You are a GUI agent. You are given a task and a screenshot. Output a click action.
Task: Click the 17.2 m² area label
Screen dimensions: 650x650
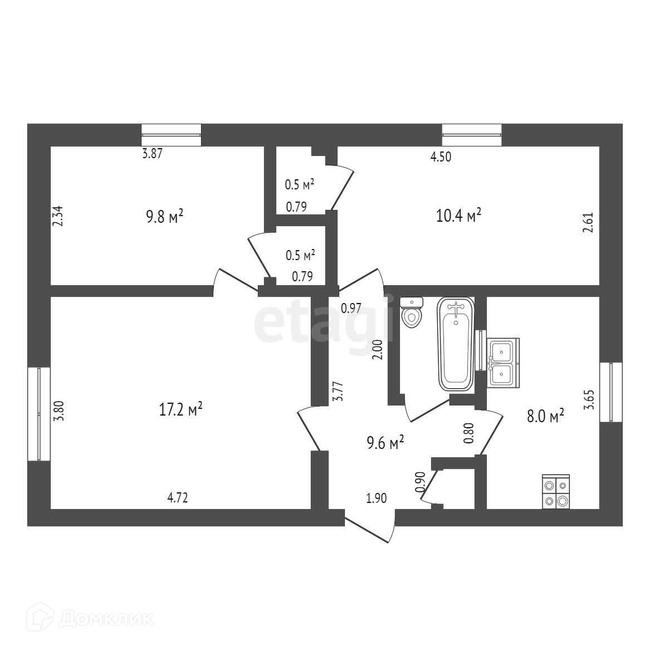180,410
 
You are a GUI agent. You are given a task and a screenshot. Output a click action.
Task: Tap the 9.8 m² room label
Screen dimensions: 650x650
164,216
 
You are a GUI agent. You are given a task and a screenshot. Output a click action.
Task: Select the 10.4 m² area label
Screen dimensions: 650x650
458,215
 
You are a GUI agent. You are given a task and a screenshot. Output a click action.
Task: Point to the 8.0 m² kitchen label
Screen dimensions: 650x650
546,416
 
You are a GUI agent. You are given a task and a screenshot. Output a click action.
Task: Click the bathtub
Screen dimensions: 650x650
456,343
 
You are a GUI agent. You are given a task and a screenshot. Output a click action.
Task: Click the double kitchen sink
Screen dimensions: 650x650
504,362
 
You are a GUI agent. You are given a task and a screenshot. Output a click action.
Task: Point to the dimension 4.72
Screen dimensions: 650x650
178,498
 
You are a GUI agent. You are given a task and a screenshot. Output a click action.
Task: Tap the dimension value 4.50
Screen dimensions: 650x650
441,157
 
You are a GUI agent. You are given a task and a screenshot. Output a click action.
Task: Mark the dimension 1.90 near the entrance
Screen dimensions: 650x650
376,498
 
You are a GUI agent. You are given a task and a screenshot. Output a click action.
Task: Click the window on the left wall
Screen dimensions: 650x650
39,413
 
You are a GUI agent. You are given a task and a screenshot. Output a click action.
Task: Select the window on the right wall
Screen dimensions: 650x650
611,392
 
